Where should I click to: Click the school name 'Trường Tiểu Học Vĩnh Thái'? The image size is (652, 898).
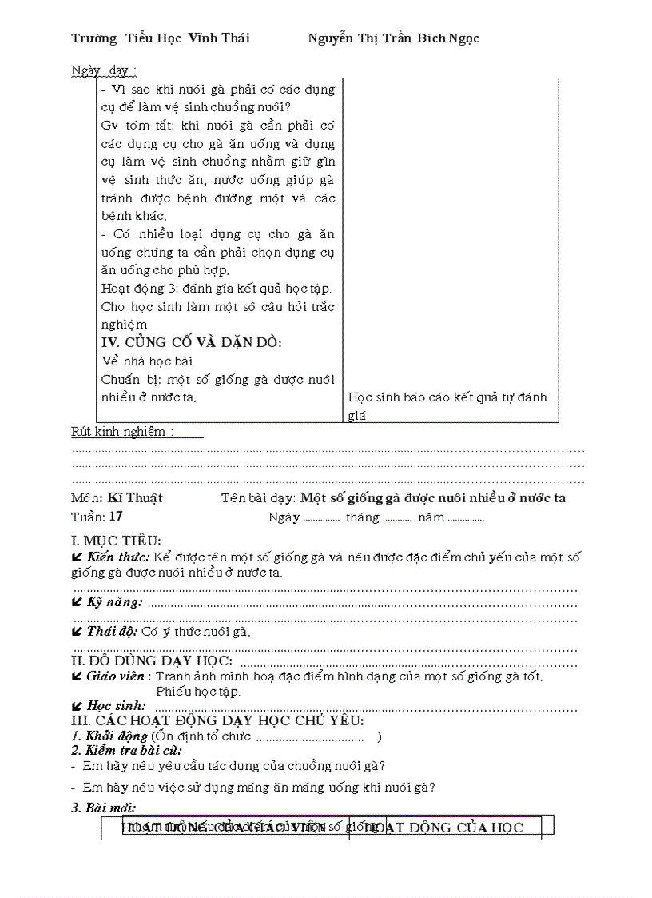161,38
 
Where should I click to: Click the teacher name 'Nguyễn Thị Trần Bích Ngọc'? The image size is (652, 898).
393,38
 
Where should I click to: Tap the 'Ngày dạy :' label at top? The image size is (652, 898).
104,70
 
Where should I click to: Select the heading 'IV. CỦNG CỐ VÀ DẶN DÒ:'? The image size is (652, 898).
181,342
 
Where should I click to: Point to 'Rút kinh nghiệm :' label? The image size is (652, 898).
121,432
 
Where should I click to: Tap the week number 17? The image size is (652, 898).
117,516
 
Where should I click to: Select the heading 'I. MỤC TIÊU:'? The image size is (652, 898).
116,541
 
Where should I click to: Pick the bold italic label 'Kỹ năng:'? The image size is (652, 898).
115,601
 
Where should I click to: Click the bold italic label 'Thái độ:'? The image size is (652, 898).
113,631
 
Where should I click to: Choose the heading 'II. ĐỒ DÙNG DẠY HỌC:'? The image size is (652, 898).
152,661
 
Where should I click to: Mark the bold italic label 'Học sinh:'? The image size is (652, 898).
116,705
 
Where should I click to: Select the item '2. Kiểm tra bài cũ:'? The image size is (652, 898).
126,750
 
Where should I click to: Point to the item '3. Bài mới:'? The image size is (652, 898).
104,808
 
